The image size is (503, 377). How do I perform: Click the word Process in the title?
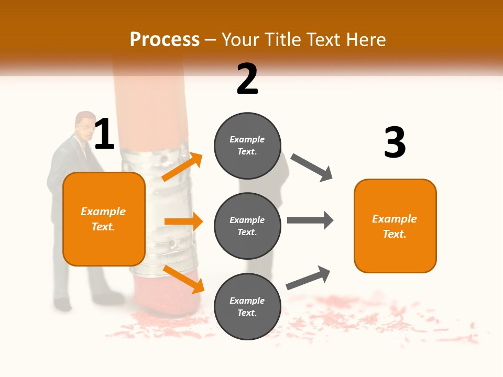point(165,40)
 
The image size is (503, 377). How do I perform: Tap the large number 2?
point(247,79)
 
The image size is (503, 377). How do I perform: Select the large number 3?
point(395,142)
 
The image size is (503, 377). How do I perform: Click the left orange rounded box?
point(104,219)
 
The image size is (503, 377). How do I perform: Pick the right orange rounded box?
point(395,226)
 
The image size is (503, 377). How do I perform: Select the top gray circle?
point(247,146)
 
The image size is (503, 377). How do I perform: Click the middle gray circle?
point(247,226)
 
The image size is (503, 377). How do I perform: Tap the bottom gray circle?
point(247,306)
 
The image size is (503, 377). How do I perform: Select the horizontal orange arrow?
point(183,221)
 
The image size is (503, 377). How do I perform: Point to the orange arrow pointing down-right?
point(183,279)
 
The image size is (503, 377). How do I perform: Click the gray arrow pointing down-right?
point(311,168)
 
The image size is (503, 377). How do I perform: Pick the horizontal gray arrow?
point(310,220)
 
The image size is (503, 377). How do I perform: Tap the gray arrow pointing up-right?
point(308,278)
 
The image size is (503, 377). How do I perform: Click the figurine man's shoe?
point(62,304)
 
